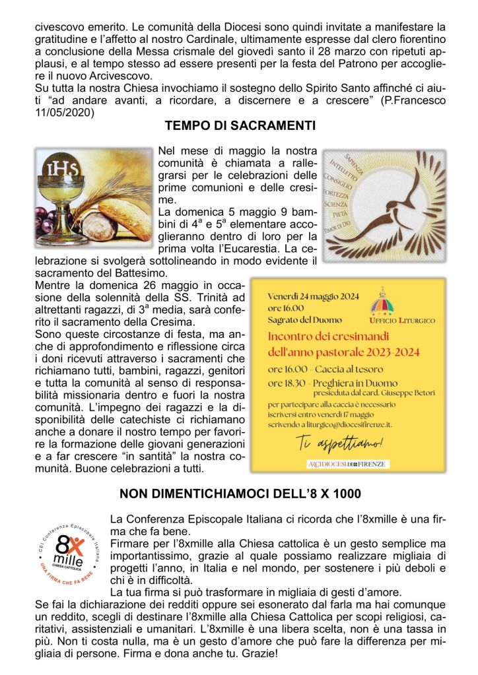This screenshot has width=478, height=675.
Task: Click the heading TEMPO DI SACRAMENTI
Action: pos(240,125)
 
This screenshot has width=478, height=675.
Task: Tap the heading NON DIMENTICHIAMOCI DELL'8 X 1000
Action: pos(240,493)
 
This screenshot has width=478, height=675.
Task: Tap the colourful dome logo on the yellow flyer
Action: pos(383,303)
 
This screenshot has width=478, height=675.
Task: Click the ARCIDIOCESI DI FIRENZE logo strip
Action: pos(348,464)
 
